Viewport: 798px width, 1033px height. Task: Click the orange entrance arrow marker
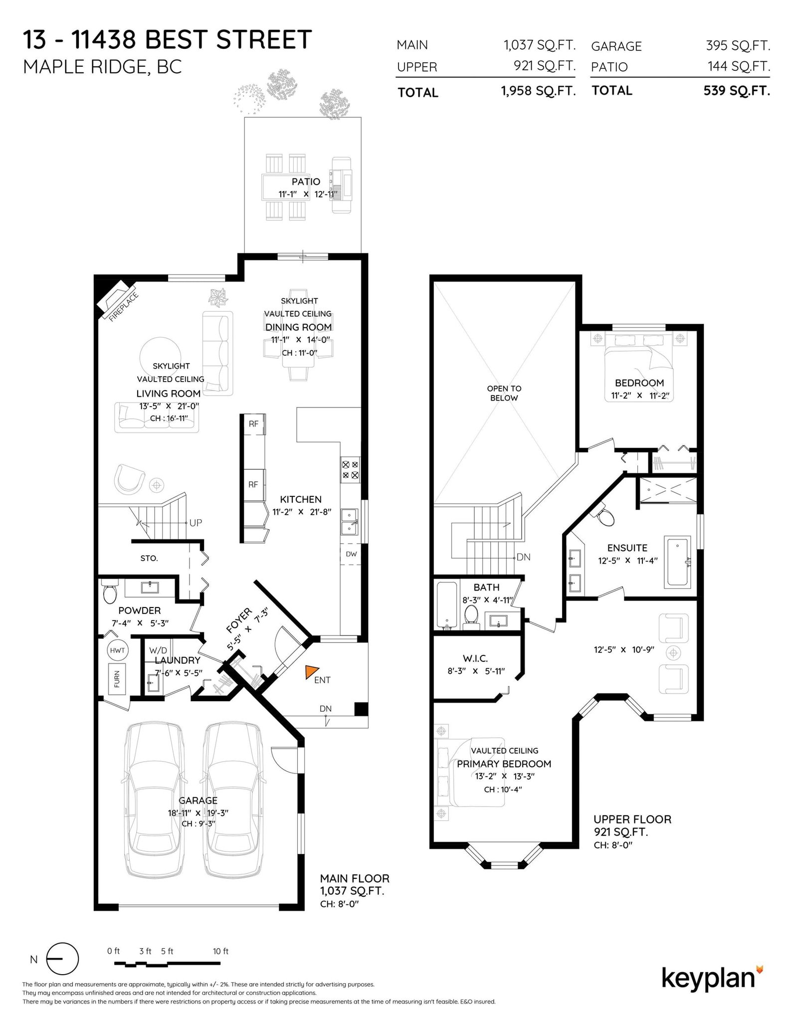pos(312,672)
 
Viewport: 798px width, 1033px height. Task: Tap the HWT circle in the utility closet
pos(118,650)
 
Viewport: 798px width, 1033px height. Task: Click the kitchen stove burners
pos(350,469)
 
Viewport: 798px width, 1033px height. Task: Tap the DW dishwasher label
pos(351,554)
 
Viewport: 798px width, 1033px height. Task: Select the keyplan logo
pos(712,979)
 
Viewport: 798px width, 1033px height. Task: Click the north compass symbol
pos(62,959)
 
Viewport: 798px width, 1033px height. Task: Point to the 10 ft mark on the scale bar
pos(220,951)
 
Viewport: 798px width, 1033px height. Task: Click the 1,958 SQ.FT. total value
pos(538,91)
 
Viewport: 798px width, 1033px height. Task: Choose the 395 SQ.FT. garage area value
pos(738,46)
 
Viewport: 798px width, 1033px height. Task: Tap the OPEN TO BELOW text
pos(504,393)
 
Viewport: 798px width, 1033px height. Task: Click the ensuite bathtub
pos(677,562)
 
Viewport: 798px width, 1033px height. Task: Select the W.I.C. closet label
pos(475,659)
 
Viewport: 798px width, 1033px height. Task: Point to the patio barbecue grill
pos(342,185)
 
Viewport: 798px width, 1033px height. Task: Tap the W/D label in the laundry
pos(158,651)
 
